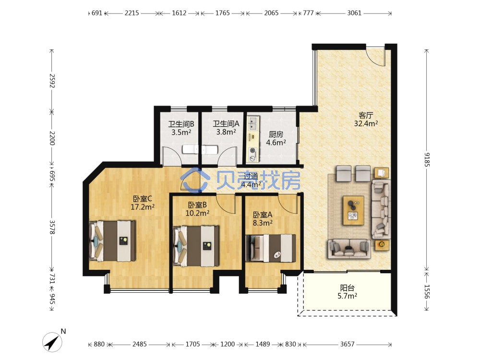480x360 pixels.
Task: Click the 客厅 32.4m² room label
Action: pyautogui.click(x=366, y=120)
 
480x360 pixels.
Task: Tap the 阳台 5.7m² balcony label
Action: pyautogui.click(x=347, y=292)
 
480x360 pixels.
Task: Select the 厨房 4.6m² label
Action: pyautogui.click(x=276, y=138)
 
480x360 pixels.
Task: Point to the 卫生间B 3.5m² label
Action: pyautogui.click(x=181, y=128)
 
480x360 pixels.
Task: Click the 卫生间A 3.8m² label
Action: pyautogui.click(x=226, y=128)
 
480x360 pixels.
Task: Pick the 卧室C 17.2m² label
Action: pyautogui.click(x=143, y=203)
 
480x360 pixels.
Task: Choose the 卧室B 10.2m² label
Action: pyautogui.click(x=197, y=209)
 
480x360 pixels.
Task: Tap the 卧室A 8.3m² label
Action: pyautogui.click(x=263, y=218)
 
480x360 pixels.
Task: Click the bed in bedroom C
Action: pyautogui.click(x=112, y=241)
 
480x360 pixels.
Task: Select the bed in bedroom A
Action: pyautogui.click(x=271, y=248)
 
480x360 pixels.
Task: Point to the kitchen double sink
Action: pyautogui.click(x=253, y=123)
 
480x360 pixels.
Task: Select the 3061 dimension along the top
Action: pyautogui.click(x=354, y=13)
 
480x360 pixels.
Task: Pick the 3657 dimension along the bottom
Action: pyautogui.click(x=347, y=344)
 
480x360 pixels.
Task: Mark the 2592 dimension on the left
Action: pyautogui.click(x=52, y=81)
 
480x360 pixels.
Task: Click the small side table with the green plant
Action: pyautogui.click(x=382, y=245)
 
